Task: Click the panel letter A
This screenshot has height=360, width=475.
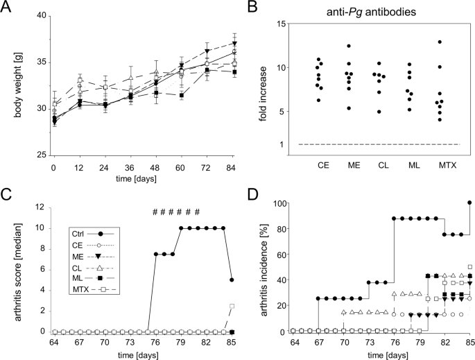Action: click(8, 7)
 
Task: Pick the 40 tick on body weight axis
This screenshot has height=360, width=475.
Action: click(40, 16)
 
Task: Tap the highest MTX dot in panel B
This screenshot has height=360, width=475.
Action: click(440, 42)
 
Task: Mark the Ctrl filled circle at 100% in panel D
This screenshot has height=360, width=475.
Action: click(469, 203)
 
